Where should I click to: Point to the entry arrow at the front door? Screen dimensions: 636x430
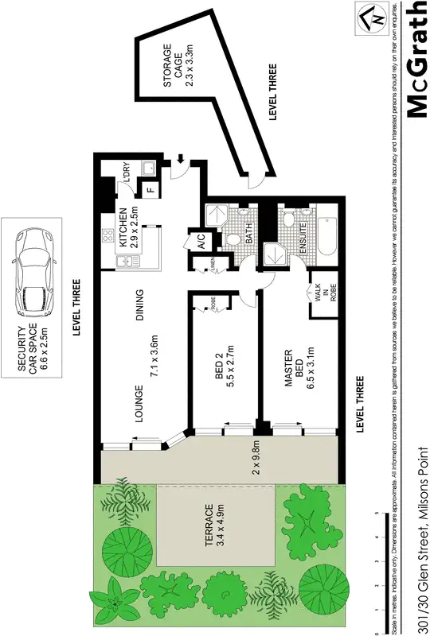(182, 161)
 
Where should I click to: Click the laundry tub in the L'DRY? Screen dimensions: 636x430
(147, 168)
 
